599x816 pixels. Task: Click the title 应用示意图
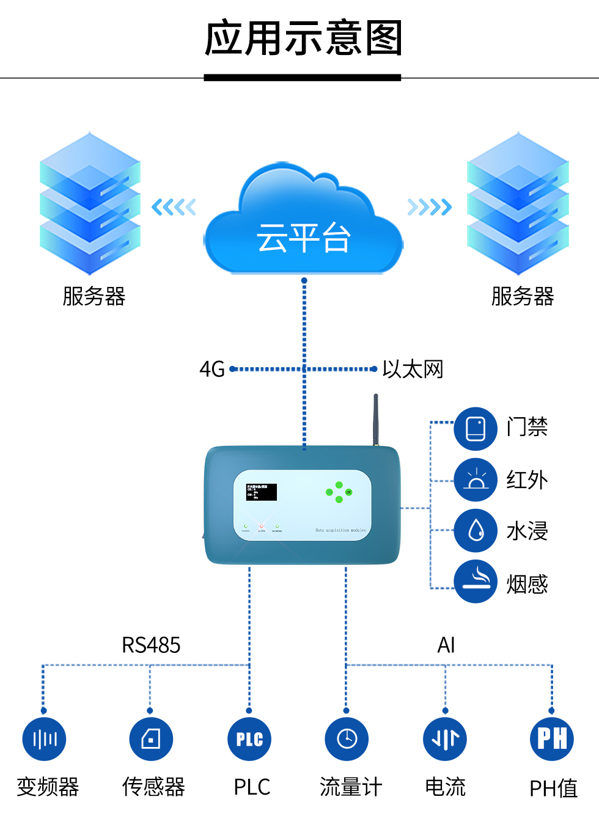(x=303, y=38)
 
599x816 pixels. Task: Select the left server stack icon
(x=90, y=204)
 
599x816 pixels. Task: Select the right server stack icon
(x=518, y=204)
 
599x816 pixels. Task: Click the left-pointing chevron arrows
(x=174, y=207)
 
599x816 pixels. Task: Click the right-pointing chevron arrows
(x=430, y=207)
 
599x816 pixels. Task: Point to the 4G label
(x=212, y=370)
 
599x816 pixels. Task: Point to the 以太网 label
(x=413, y=370)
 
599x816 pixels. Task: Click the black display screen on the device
(x=262, y=492)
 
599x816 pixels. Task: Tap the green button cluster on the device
(x=339, y=492)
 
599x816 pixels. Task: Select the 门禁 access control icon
(x=476, y=428)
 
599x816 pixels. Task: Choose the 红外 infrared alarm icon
(x=476, y=480)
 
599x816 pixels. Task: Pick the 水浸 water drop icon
(x=476, y=531)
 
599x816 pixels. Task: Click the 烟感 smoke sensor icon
(x=476, y=581)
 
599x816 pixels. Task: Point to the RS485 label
(x=151, y=645)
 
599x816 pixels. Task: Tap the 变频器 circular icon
(x=44, y=739)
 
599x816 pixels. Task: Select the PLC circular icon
(x=249, y=739)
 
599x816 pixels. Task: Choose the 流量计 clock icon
(x=347, y=739)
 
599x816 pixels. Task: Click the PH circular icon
(x=552, y=739)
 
